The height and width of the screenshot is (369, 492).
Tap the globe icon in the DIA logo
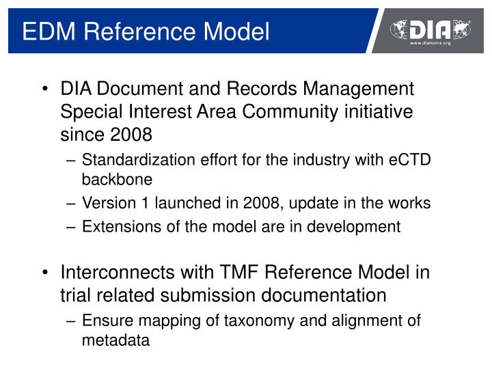tap(401, 29)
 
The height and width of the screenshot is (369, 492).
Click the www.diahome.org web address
tap(430, 43)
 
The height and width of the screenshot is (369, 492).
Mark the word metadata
tap(115, 340)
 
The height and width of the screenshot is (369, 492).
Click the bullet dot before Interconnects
tap(44, 273)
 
